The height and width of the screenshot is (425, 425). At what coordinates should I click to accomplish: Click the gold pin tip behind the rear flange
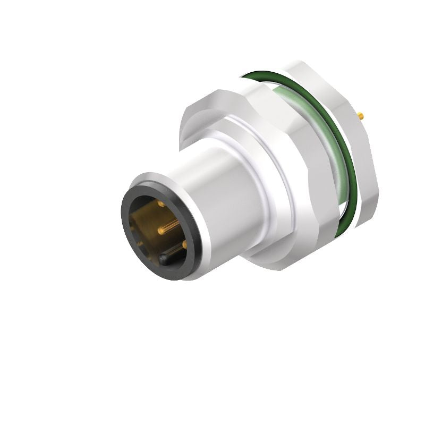362,115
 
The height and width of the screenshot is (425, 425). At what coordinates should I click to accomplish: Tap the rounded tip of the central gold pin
160,230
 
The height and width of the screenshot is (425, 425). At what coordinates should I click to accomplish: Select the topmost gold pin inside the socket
160,203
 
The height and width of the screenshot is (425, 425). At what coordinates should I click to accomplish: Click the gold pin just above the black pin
184,244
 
